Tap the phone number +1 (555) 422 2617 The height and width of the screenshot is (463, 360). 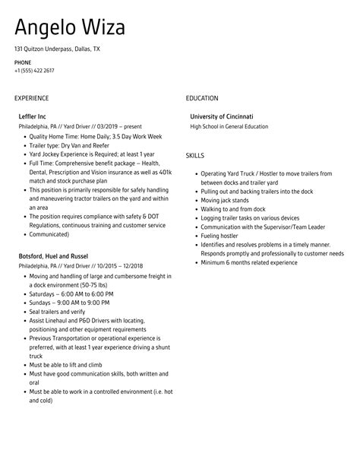coord(34,70)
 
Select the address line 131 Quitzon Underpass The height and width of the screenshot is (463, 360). coord(57,49)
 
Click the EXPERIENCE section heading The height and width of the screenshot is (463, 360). coord(31,98)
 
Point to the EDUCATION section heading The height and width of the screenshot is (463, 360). coord(202,98)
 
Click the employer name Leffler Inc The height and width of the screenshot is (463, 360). coord(33,116)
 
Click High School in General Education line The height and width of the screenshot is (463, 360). coord(229,126)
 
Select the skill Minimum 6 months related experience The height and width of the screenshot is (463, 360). coord(249,262)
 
